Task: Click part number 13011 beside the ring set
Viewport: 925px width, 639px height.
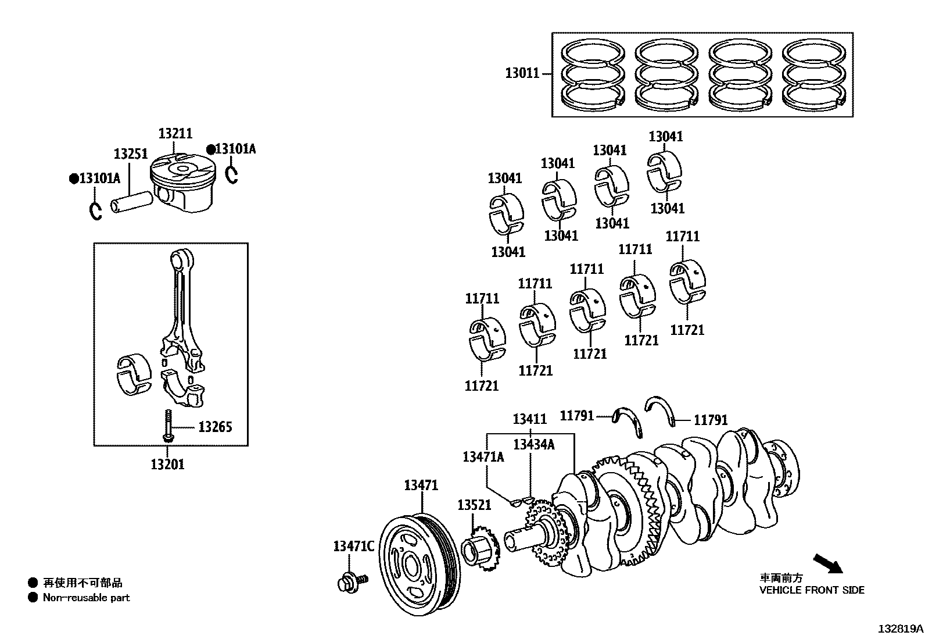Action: click(x=522, y=73)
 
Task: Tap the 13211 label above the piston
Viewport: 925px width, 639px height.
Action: click(x=175, y=134)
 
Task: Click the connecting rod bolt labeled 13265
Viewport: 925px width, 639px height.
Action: click(x=168, y=426)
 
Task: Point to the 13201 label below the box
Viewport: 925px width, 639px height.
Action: click(x=167, y=464)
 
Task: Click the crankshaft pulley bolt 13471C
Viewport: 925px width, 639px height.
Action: click(x=350, y=582)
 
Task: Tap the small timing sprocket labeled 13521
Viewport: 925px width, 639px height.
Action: click(x=480, y=547)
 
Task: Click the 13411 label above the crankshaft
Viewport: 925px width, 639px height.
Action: click(x=529, y=419)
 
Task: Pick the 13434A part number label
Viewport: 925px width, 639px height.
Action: click(x=533, y=445)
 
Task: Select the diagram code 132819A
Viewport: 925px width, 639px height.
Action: click(x=900, y=629)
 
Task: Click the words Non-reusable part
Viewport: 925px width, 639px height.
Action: click(x=87, y=598)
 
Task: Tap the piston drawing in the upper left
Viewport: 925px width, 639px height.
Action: click(x=181, y=183)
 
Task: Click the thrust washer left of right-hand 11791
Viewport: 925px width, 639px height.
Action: click(x=663, y=412)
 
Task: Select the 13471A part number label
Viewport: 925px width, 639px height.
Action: click(x=483, y=457)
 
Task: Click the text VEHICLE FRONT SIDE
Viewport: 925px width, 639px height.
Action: click(x=812, y=590)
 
